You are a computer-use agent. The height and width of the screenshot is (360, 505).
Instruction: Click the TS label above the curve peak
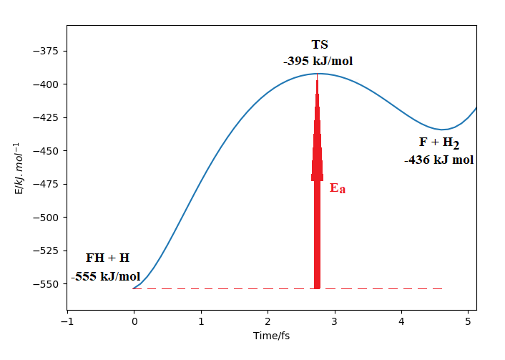point(320,45)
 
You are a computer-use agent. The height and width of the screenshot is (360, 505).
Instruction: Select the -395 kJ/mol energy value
point(318,61)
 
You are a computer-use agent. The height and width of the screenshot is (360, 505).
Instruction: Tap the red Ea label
point(337,189)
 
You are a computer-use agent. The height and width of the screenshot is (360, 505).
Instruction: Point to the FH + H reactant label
point(107,258)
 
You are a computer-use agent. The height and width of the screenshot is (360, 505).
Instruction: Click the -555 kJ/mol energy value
point(106,276)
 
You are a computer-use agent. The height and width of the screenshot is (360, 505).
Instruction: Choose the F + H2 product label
point(438,142)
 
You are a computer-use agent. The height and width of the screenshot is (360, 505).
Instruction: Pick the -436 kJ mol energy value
point(438,160)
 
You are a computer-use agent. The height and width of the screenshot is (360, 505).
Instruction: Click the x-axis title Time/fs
point(271,335)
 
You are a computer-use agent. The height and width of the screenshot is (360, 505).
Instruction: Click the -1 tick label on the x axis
point(67,320)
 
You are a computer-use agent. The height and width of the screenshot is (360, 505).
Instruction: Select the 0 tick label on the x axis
point(134,320)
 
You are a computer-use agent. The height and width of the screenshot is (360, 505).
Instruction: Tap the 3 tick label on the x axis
point(335,320)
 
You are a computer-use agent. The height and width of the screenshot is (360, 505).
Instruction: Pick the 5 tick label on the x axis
point(468,320)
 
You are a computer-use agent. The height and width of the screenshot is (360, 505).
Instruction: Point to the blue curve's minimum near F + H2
point(443,130)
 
